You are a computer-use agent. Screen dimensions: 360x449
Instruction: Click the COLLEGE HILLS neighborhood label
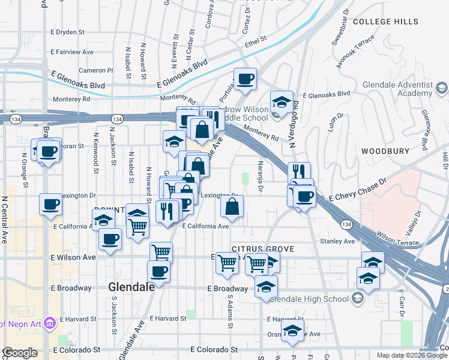[x=385, y=22]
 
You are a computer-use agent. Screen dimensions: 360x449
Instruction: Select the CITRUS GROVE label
[x=263, y=248]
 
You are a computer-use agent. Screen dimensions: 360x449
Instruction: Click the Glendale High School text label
[x=309, y=298]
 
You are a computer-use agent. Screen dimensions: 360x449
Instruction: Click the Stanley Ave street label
[x=337, y=241]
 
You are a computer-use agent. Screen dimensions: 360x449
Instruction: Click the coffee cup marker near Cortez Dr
[x=245, y=79]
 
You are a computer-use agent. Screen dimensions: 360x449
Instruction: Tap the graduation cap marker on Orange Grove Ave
[x=293, y=331]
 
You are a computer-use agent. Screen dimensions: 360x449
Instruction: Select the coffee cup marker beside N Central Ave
[x=50, y=204]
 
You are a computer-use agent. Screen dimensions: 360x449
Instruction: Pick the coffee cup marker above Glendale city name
[x=158, y=271]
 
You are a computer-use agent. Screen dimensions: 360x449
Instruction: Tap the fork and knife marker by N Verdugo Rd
[x=299, y=172]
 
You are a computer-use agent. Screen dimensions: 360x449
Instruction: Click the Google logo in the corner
[x=20, y=353]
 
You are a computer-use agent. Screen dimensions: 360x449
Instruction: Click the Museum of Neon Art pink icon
[x=49, y=323]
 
